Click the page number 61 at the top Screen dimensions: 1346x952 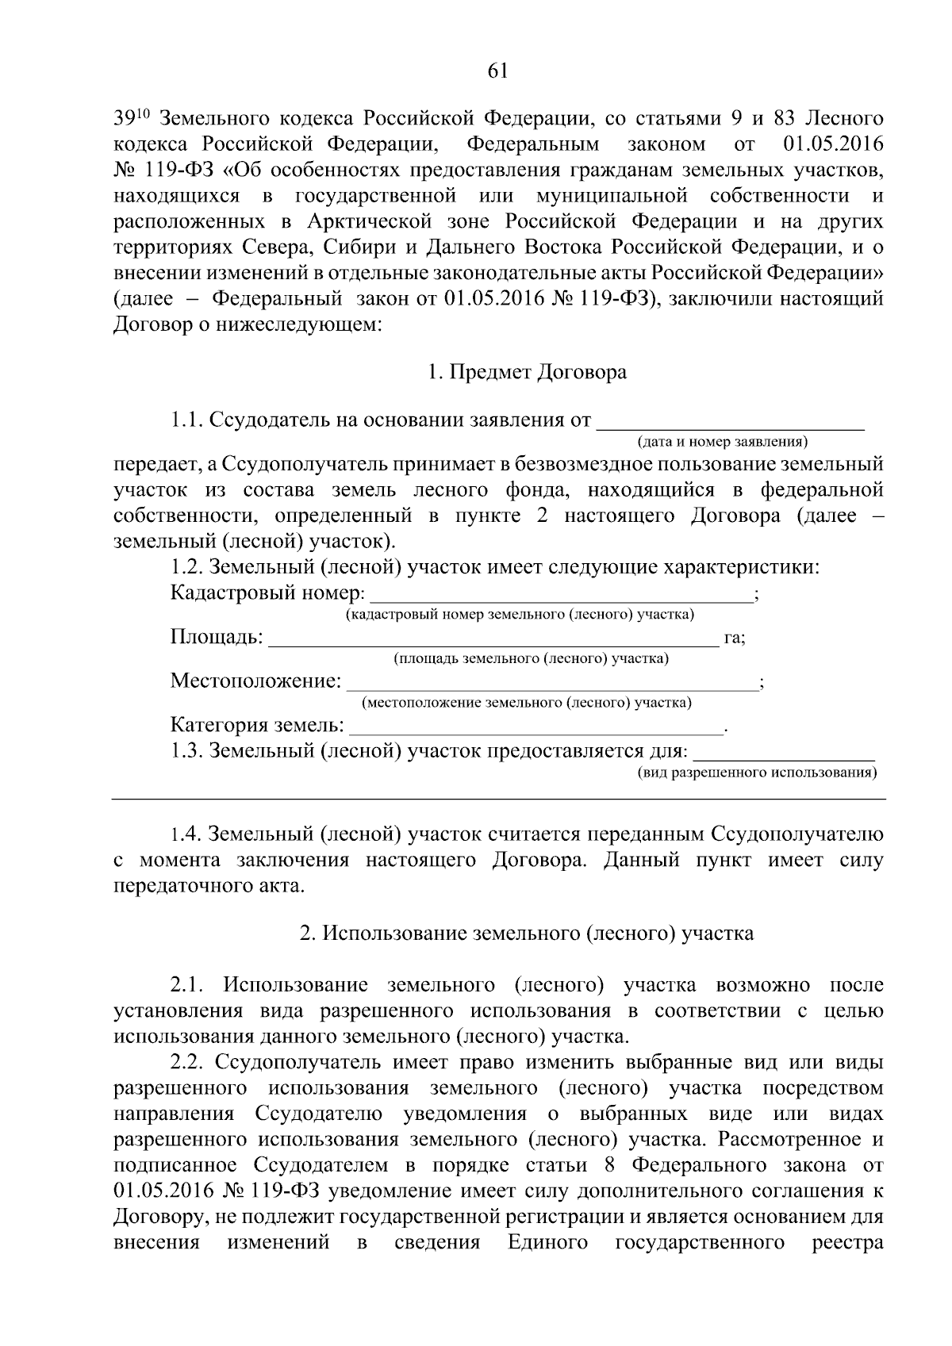pyautogui.click(x=497, y=71)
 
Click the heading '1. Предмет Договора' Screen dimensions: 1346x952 pyautogui.click(x=527, y=372)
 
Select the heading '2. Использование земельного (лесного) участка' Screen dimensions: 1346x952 pyautogui.click(x=527, y=934)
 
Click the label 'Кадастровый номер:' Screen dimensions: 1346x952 pyautogui.click(x=268, y=593)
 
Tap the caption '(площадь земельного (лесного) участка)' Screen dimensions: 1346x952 pyautogui.click(x=531, y=658)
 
